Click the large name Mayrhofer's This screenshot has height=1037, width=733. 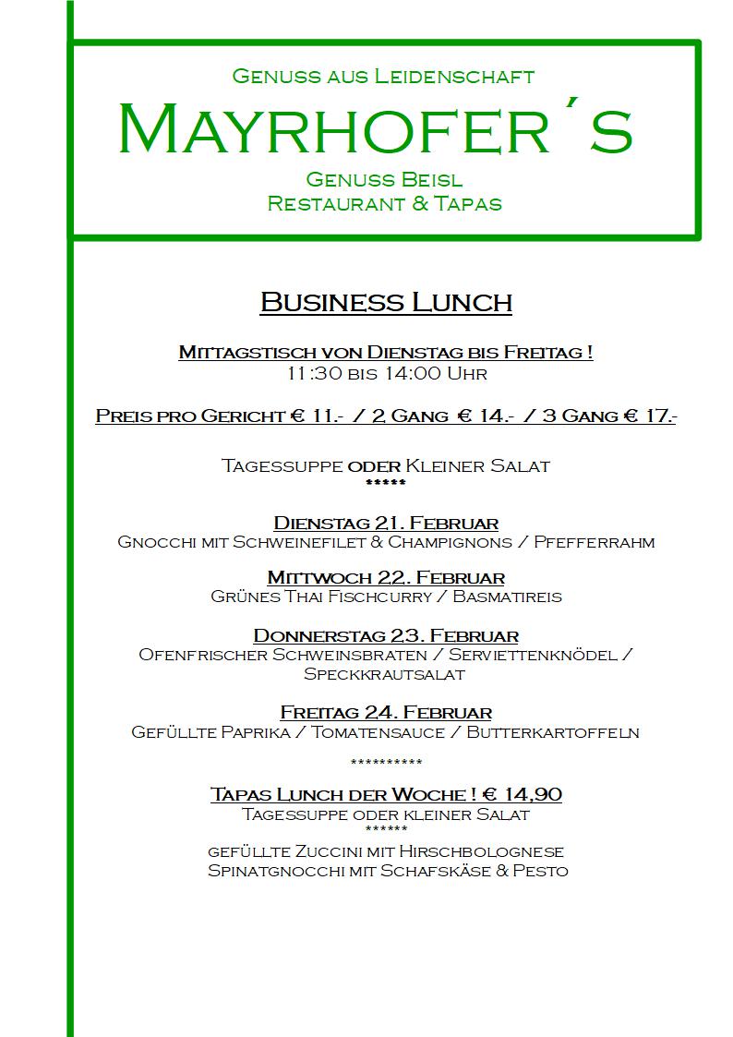[375, 130]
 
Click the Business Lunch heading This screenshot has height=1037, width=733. [386, 302]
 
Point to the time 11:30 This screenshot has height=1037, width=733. [305, 374]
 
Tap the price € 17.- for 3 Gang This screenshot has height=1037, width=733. [648, 416]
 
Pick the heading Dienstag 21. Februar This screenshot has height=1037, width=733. [386, 524]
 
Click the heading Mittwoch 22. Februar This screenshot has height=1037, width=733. [386, 578]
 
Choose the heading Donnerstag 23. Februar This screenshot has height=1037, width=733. [386, 636]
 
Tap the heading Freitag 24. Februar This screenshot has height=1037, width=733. [386, 713]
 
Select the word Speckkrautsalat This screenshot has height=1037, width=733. [384, 674]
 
